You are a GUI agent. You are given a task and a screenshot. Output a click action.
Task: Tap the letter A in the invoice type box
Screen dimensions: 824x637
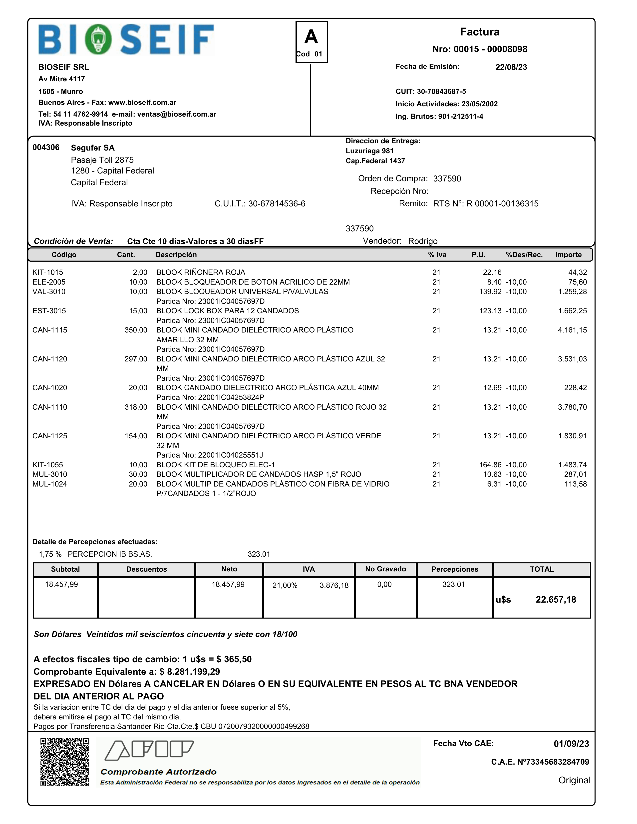tap(311, 37)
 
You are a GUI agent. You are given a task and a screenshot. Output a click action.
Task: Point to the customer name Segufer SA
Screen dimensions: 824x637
tap(92, 148)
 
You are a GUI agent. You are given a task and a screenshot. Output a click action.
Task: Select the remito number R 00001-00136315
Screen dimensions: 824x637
tap(502, 204)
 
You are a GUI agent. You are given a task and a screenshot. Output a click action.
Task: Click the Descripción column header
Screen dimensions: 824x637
tap(176, 255)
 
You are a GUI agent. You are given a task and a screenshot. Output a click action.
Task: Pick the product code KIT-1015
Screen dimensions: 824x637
tap(47, 272)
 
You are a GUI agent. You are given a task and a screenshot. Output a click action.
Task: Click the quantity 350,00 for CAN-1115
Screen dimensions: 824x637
tap(136, 330)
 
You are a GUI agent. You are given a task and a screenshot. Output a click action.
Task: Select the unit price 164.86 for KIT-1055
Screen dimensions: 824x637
tap(490, 465)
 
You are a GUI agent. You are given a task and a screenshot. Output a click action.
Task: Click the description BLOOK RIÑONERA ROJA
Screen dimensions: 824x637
tap(201, 272)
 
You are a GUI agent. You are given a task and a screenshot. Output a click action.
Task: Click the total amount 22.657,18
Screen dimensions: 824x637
tap(556, 600)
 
